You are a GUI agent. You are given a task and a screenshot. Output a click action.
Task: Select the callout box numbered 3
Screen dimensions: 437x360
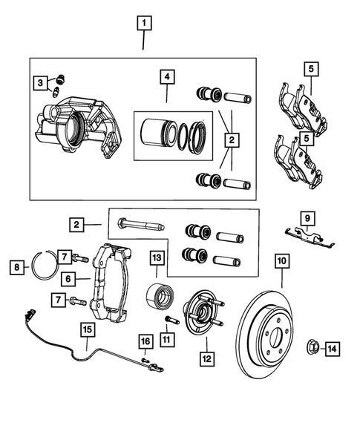coord(42,83)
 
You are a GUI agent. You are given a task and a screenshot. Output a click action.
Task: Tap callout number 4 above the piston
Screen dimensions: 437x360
coord(167,78)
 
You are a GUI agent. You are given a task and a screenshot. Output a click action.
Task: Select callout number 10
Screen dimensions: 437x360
coord(281,261)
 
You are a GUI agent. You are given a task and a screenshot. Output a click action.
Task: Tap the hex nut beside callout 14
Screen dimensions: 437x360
coord(313,347)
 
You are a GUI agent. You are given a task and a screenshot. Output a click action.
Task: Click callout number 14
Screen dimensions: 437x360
coord(332,347)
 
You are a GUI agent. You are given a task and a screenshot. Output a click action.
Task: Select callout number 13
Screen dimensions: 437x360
coord(157,258)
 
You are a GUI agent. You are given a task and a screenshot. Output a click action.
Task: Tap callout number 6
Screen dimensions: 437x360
coord(68,279)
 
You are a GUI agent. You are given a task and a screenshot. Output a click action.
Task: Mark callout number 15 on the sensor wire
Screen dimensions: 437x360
coord(88,331)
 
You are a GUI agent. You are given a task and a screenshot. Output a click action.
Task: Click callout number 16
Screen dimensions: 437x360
coord(145,341)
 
